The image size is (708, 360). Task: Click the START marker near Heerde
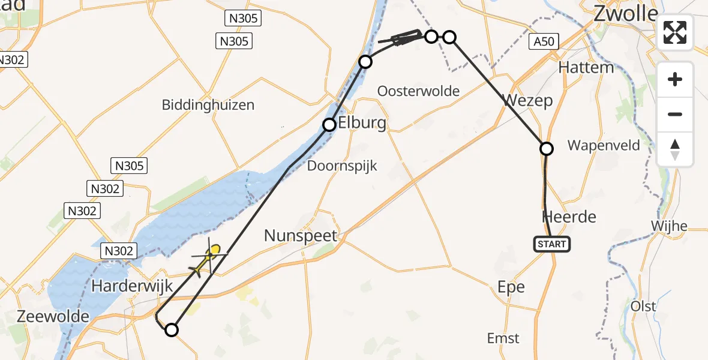click(x=551, y=244)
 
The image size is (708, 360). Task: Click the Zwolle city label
click(x=626, y=14)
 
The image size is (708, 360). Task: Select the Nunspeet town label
click(x=301, y=236)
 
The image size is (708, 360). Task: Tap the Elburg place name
click(x=362, y=124)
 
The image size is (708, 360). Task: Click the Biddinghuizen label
click(x=208, y=105)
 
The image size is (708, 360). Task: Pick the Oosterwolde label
click(x=418, y=91)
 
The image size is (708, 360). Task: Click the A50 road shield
click(x=544, y=41)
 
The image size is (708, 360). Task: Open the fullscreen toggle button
click(x=675, y=32)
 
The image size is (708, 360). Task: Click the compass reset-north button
click(x=675, y=149)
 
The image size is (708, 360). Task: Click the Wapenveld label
click(x=604, y=145)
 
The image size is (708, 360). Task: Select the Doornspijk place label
click(x=342, y=166)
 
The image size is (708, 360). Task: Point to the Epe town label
click(x=511, y=287)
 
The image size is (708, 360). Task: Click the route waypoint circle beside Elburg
click(x=329, y=125)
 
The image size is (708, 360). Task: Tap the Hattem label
click(x=586, y=67)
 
